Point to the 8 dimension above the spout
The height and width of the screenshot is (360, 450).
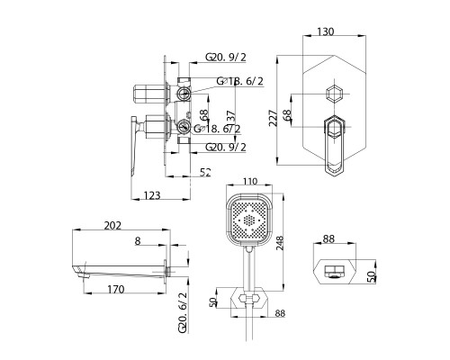click(137, 241)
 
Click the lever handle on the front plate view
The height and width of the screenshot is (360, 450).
click(331, 144)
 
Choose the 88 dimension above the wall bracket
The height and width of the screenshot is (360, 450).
click(329, 238)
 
